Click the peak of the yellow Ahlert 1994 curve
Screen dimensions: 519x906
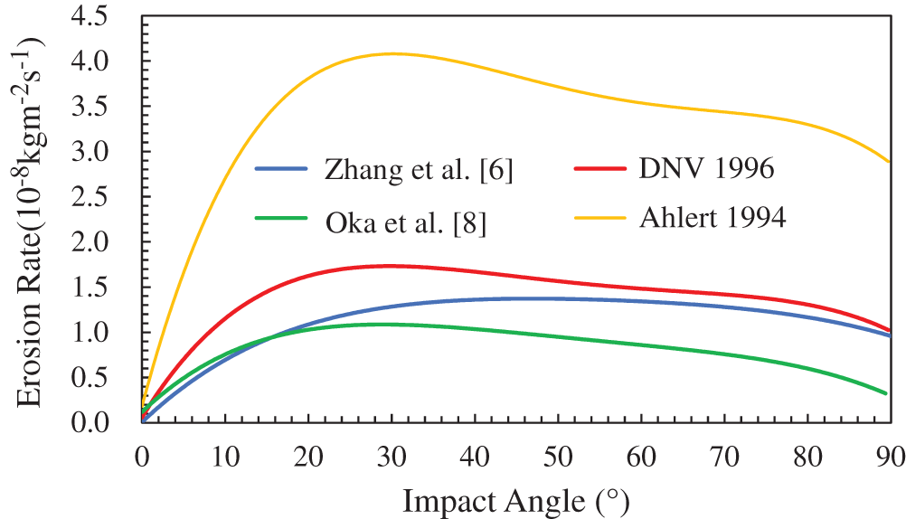coord(392,53)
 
